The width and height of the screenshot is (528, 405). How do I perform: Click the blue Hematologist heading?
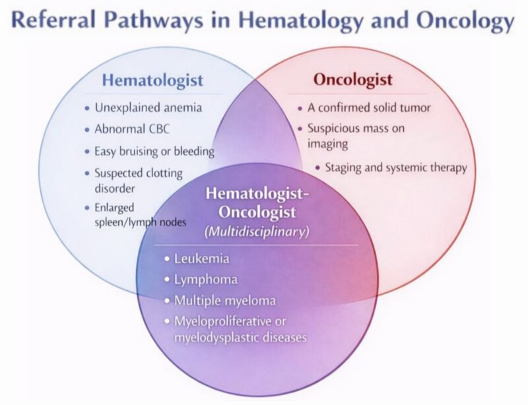point(152,81)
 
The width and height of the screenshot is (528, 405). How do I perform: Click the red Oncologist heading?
point(352,81)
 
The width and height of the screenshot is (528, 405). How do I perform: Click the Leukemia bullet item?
point(198,258)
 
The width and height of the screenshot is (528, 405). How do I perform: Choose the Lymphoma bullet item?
point(205,279)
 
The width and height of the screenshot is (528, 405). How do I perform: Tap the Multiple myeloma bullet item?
point(224,301)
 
